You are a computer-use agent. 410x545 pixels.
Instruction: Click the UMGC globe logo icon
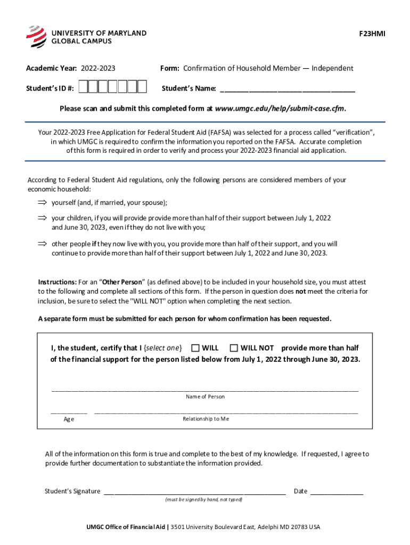36,36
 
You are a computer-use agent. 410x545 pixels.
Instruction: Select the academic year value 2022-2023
99,68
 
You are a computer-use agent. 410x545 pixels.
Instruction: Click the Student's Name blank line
287,89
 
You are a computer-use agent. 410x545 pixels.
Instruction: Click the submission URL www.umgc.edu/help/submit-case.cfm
280,109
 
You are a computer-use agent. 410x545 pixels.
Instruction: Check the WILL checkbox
195,348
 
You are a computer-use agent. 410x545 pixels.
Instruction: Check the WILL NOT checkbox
234,348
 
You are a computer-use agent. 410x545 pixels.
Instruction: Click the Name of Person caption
205,397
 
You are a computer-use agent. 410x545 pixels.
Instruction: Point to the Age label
69,419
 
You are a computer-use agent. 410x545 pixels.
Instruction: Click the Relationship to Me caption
206,419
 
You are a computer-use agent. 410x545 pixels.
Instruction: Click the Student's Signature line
194,492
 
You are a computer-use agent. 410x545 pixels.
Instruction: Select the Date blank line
336,492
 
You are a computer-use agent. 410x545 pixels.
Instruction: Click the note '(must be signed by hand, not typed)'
203,500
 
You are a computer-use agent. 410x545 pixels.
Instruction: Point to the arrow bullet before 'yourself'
42,203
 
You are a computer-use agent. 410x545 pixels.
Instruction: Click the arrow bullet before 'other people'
42,244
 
